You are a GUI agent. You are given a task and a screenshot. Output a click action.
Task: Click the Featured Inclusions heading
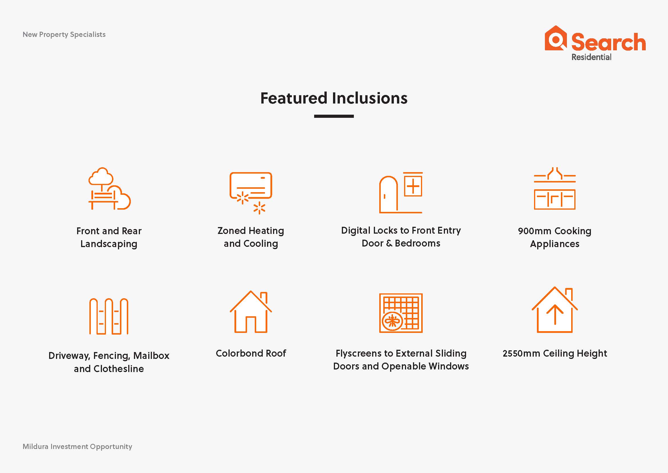[334, 98]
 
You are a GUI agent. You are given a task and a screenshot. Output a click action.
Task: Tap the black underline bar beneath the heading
[334, 116]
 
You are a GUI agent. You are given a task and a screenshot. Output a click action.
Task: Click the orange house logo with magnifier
[556, 38]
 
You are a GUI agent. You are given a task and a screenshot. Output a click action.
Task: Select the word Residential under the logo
[591, 57]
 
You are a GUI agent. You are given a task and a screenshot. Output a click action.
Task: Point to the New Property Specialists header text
[64, 35]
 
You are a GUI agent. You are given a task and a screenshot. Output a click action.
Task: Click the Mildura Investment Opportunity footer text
[77, 447]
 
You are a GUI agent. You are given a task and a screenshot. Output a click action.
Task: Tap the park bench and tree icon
[109, 189]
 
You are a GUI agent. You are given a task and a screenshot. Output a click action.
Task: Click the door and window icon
[401, 192]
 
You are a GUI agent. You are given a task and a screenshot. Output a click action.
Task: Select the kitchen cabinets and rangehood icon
[555, 188]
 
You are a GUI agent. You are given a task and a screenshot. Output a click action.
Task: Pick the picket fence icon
[109, 316]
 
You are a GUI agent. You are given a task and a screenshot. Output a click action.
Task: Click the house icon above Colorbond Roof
[251, 312]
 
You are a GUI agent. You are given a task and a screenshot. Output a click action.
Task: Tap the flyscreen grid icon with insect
[401, 313]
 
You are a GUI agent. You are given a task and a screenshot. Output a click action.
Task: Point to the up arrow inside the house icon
[555, 315]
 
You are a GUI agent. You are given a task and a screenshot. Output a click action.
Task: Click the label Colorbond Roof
[251, 353]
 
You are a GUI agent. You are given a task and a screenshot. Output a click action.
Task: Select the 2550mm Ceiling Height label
[555, 353]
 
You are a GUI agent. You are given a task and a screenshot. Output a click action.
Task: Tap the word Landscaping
[109, 244]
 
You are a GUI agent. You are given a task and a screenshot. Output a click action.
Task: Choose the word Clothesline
[119, 369]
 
